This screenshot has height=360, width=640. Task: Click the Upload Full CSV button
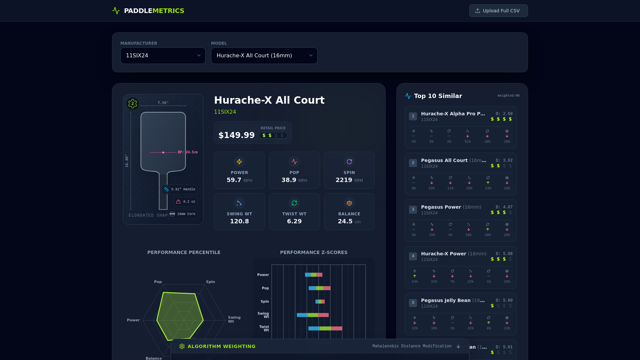[498, 11]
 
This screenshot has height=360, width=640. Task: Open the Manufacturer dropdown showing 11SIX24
[163, 56]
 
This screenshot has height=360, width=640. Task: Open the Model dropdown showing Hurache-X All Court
[264, 56]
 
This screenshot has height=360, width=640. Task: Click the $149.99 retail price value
[236, 135]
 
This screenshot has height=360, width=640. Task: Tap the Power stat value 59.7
[234, 180]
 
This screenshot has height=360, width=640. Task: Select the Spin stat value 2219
[344, 180]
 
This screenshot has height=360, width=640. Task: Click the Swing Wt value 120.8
[239, 221]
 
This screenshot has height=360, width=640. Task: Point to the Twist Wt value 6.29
[294, 221]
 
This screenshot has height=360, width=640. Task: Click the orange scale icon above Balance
[349, 203]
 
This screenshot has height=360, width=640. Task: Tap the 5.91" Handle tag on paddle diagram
[180, 189]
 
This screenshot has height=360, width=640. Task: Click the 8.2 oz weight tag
[186, 202]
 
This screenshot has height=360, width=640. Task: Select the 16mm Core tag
[183, 214]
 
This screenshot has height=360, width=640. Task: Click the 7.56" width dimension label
[163, 103]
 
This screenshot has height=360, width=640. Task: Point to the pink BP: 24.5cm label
[188, 152]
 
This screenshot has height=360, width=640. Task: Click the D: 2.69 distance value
[504, 114]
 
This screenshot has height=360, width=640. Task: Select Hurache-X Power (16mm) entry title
[453, 254]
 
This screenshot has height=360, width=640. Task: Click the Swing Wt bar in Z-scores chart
[313, 315]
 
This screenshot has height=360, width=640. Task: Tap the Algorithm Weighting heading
[221, 346]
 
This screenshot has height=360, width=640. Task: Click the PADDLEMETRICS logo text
[154, 11]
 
